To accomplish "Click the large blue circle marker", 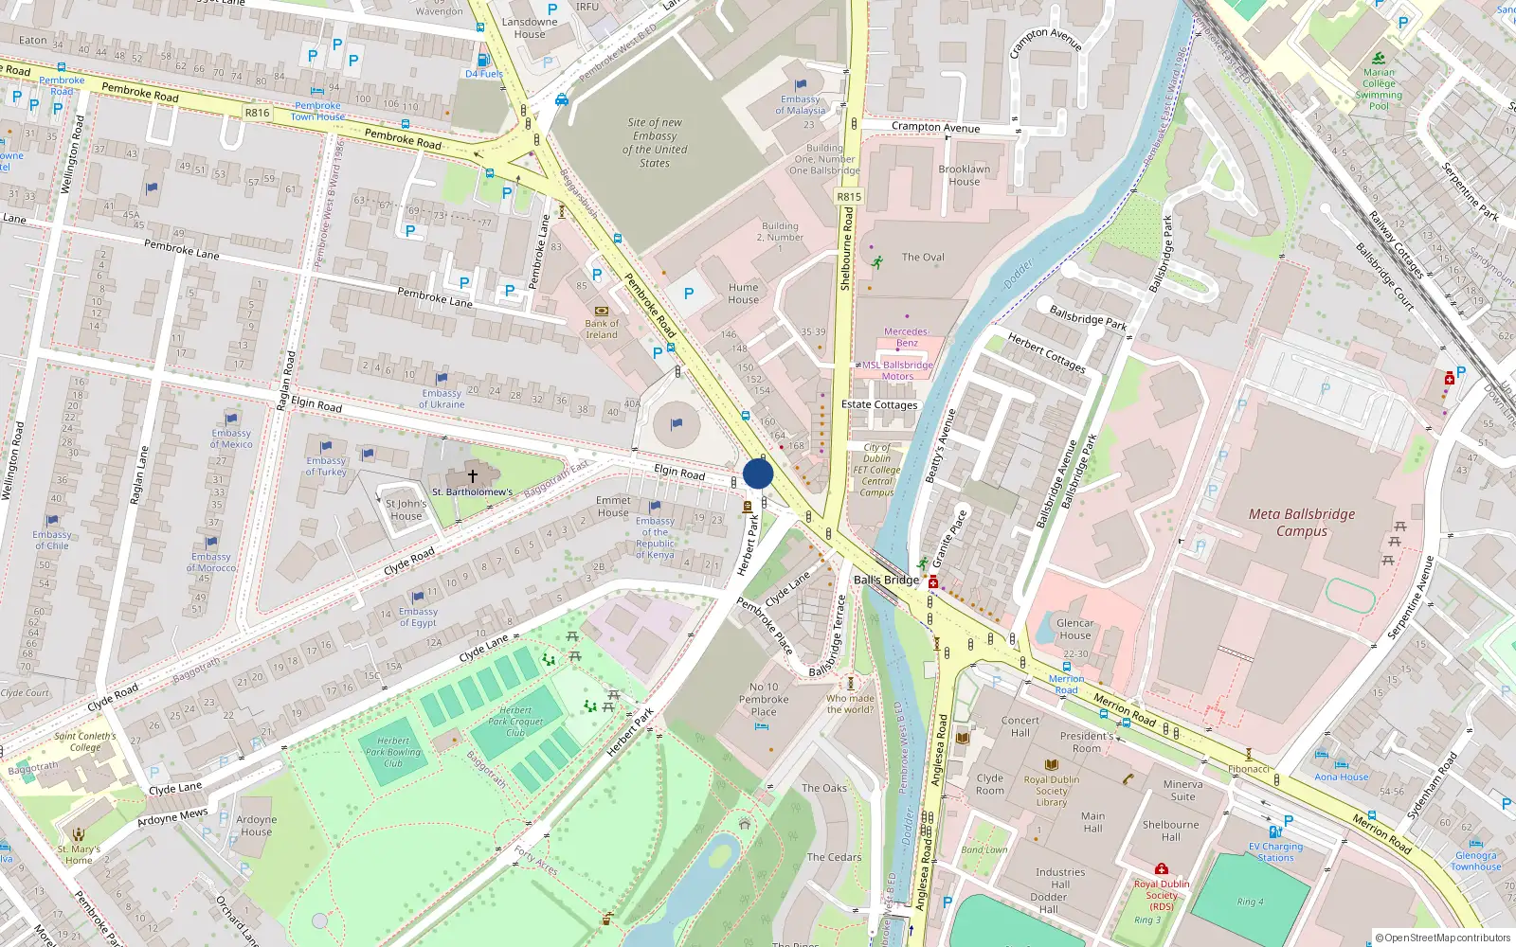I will pos(758,473).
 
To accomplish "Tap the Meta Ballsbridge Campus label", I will pos(1302,523).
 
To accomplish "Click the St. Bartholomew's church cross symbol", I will pos(473,476).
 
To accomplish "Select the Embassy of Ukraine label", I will pos(442,399).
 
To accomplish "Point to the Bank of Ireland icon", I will pos(601,311).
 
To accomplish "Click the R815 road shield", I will pos(849,197).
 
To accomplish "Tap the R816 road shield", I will pos(258,113).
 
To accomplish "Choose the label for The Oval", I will pos(923,257).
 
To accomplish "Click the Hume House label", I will pos(744,294).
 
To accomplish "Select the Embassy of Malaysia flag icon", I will pos(801,86).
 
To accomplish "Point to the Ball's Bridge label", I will pos(886,580).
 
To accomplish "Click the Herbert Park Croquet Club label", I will pos(515,722).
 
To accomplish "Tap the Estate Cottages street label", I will pos(879,404).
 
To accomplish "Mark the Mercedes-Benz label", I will pos(907,337).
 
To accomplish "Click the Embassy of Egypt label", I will pos(418,617).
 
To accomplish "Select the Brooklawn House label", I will pos(965,175).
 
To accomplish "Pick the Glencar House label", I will pos(1075,629).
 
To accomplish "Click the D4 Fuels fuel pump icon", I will pos(483,60).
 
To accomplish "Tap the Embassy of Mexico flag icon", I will pos(232,419).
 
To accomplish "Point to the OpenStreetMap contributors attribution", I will pos(1443,938).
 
